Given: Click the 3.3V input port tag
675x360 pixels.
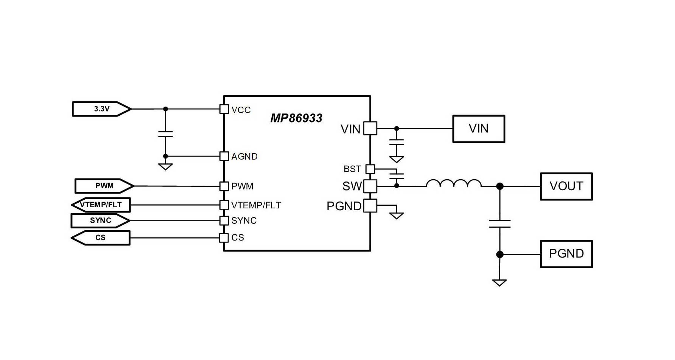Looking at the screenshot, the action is [x=101, y=109].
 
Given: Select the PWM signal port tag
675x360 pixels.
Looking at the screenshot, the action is [x=104, y=186].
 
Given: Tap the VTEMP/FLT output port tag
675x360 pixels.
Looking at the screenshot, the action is [x=101, y=205].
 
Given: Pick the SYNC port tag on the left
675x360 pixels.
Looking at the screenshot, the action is [x=101, y=220].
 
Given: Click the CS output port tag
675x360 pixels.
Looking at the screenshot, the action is [x=101, y=238].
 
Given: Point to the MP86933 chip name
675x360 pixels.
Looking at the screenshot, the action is [x=296, y=118].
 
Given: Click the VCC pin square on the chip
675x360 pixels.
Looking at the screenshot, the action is [x=224, y=109].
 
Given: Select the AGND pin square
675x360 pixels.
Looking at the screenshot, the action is [x=224, y=156].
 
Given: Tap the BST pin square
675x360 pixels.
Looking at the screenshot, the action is [x=370, y=169].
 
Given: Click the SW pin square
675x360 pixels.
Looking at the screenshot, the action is [x=370, y=186].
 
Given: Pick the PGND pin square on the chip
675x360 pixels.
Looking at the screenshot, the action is [x=370, y=206].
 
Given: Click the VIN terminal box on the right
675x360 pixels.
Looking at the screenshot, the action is [x=479, y=129].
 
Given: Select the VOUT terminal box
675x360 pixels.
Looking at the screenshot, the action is [x=566, y=186].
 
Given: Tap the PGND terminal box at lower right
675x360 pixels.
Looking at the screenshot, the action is [x=566, y=254].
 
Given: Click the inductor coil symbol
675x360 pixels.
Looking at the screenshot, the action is [x=454, y=183].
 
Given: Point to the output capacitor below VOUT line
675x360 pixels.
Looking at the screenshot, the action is [x=500, y=223].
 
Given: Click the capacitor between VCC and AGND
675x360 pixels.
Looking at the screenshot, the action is [x=165, y=134].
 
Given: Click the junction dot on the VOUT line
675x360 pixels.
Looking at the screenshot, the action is [x=500, y=186].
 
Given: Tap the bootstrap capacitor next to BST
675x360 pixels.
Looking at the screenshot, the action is [x=397, y=176].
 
